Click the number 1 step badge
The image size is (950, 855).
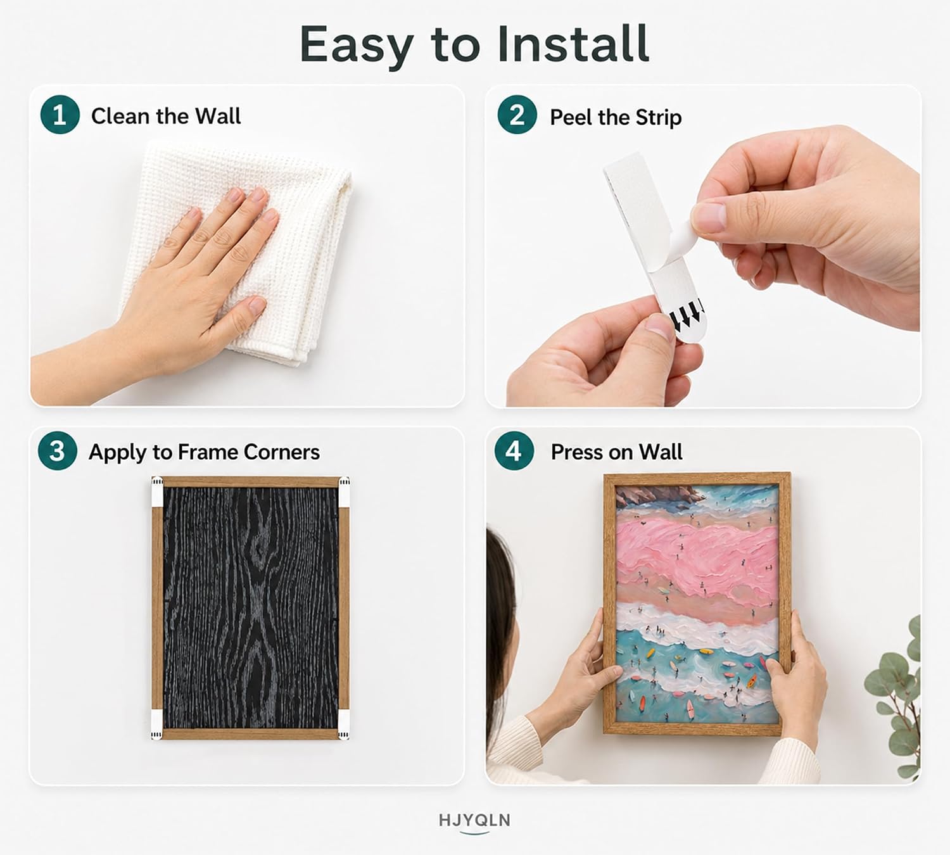click(x=60, y=115)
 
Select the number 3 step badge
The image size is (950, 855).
click(x=57, y=450)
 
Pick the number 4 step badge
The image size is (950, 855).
click(x=514, y=450)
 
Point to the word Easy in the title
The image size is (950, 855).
click(x=356, y=47)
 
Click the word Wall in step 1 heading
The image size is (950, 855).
click(x=218, y=116)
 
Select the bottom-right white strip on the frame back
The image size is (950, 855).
click(x=344, y=725)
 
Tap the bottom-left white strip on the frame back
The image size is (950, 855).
click(x=156, y=725)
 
